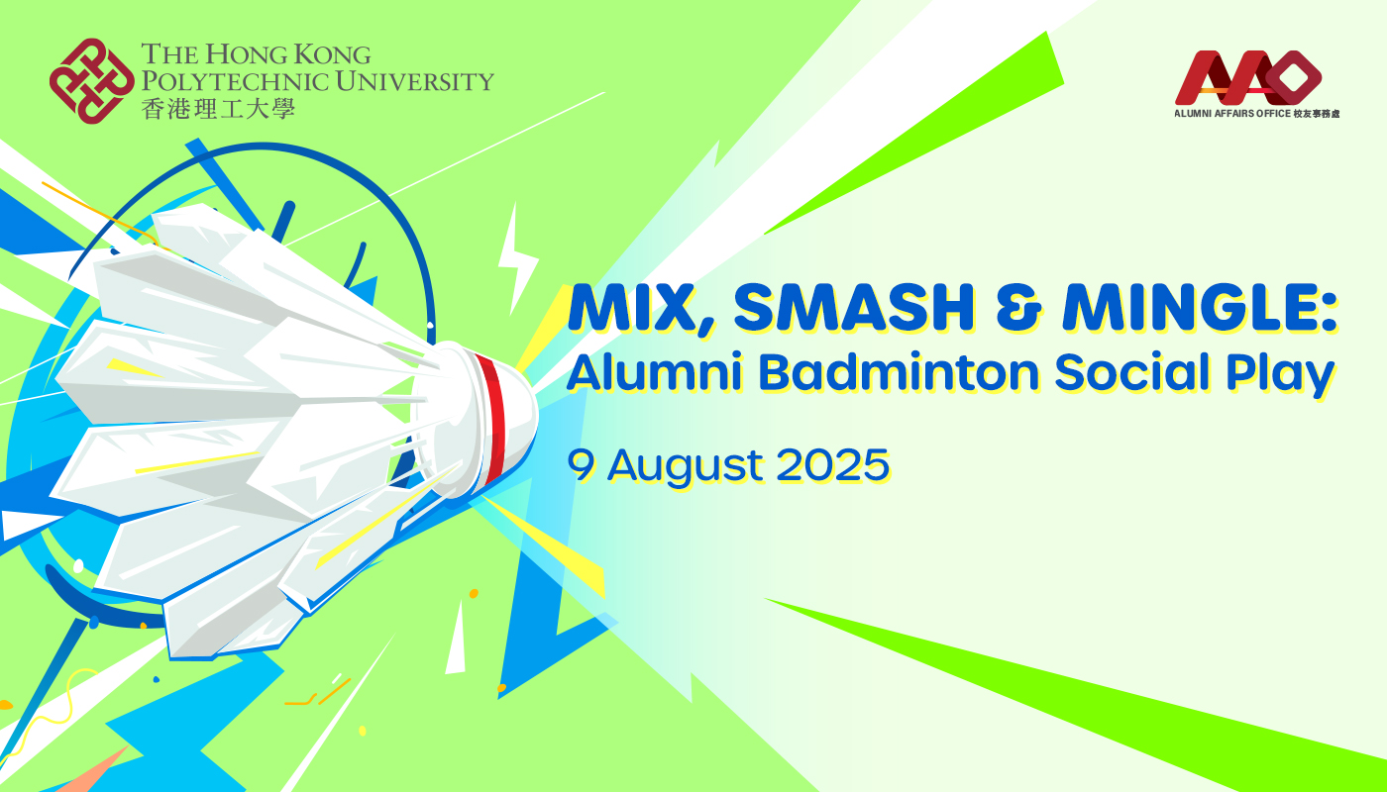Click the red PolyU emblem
(x=91, y=81)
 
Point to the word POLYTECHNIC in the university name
(x=232, y=81)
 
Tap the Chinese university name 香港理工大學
(x=218, y=107)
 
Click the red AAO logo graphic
(x=1248, y=77)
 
